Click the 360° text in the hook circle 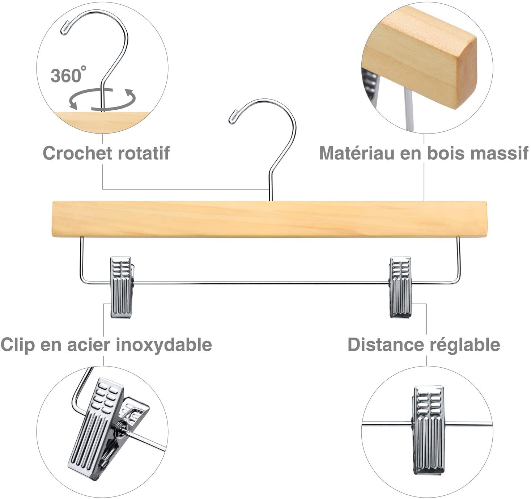coord(68,75)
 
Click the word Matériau coord(357,153)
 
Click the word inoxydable coord(164,345)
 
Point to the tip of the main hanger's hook coord(230,122)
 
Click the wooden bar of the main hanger coord(269,219)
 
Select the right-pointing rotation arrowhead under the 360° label coord(131,94)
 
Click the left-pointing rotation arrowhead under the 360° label coord(73,105)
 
